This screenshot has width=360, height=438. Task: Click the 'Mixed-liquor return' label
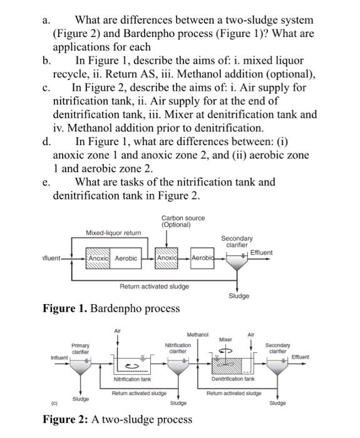pyautogui.click(x=113, y=233)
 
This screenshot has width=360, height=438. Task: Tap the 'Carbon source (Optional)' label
pyautogui.click(x=183, y=222)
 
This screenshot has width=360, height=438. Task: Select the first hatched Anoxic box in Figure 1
pyautogui.click(x=98, y=258)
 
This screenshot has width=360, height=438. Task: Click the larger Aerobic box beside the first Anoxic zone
pyautogui.click(x=126, y=258)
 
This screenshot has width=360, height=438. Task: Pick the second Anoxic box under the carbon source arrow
pyautogui.click(x=167, y=258)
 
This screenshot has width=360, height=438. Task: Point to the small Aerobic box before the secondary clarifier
pyautogui.click(x=202, y=258)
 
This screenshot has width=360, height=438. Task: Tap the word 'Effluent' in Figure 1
pyautogui.click(x=261, y=253)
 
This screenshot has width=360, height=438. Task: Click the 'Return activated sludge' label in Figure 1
pyautogui.click(x=154, y=287)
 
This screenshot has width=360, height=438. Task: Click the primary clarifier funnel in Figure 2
pyautogui.click(x=80, y=367)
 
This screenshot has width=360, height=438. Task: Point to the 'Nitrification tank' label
pyautogui.click(x=132, y=379)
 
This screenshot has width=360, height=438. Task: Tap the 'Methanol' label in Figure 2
pyautogui.click(x=198, y=335)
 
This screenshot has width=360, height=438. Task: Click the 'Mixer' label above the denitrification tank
pyautogui.click(x=225, y=340)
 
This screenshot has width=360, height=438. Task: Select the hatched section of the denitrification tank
pyautogui.click(x=227, y=366)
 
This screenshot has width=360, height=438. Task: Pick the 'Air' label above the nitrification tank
pyautogui.click(x=118, y=331)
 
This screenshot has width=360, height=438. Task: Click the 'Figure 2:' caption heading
pyautogui.click(x=66, y=419)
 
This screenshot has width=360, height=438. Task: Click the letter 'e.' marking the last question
pyautogui.click(x=46, y=183)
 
